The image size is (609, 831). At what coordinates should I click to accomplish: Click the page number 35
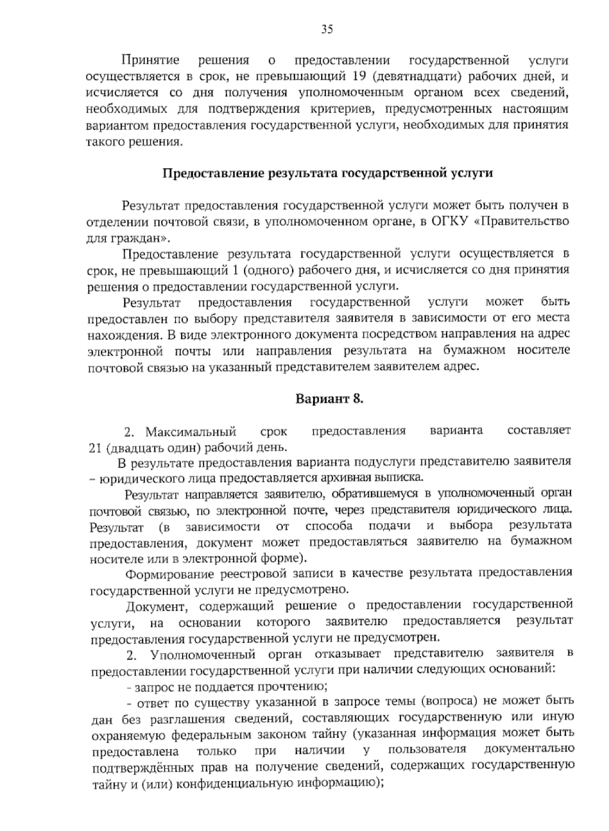coord(327,29)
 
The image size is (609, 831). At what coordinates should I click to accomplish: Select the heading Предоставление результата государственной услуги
coord(327,174)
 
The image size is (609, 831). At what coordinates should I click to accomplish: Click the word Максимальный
coord(191,432)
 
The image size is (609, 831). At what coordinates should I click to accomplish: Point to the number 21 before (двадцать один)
coord(95,447)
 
